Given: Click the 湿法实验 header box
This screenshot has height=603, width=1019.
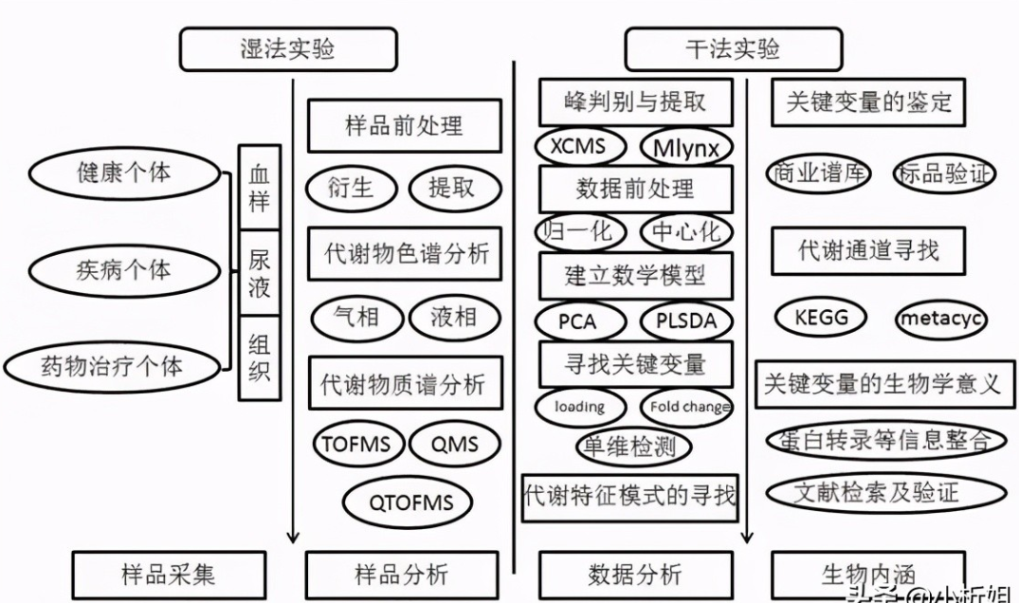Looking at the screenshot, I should click(x=287, y=48).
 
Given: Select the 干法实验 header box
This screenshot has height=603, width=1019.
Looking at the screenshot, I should click(x=733, y=48).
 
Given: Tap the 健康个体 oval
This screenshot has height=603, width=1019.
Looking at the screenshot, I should click(x=124, y=173).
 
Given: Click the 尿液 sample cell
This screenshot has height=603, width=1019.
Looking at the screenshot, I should click(x=259, y=274).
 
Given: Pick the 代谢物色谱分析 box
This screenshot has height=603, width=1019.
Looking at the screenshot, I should click(x=405, y=254).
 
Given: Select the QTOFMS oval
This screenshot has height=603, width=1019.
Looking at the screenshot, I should click(x=408, y=501).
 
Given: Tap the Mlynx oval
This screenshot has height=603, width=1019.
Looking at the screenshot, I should click(x=686, y=148).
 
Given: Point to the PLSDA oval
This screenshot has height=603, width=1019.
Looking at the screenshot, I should click(x=686, y=321).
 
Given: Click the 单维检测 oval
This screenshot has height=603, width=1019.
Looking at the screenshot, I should click(x=633, y=447).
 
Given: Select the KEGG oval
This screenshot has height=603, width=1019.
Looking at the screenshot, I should click(x=821, y=319).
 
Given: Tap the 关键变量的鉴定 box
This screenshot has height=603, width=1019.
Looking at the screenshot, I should click(x=868, y=101).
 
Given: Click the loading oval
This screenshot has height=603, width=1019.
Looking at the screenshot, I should click(x=580, y=407).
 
